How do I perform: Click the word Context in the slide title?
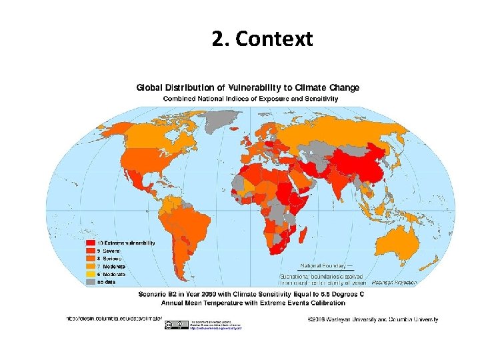(x=274, y=39)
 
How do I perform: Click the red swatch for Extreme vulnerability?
(x=89, y=243)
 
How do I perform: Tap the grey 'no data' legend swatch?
(x=89, y=282)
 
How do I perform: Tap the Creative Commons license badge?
(x=170, y=324)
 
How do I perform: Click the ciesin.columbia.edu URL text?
(x=113, y=319)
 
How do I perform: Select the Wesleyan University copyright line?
(x=373, y=319)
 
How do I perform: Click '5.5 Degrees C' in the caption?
(x=337, y=293)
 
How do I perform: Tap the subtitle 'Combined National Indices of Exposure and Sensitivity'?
(x=251, y=99)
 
